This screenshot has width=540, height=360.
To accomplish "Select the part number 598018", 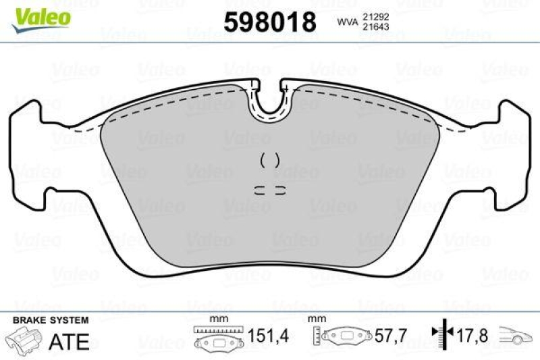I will [270, 23].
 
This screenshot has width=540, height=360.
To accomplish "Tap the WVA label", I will [347, 23].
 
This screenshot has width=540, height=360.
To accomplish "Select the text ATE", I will [70, 342].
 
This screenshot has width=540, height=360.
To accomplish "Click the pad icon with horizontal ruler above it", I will [215, 338].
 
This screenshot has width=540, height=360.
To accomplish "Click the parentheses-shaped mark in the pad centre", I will [270, 160].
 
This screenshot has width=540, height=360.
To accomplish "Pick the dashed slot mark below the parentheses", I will [270, 188].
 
